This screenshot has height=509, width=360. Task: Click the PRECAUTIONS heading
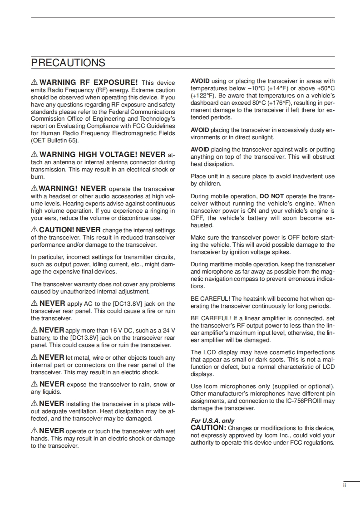tap(68, 63)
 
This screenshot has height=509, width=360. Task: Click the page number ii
tap(345, 485)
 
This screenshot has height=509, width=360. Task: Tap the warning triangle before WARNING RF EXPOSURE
tap(35, 83)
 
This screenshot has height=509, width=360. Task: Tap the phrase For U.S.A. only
tap(212, 421)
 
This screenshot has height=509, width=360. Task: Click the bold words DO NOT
tap(271, 196)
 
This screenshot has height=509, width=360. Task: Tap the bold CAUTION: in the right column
tap(208, 428)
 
